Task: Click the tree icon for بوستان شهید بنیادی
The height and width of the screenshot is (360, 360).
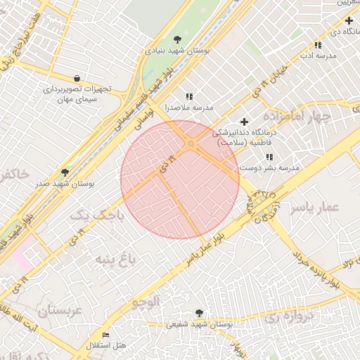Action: click(176, 39)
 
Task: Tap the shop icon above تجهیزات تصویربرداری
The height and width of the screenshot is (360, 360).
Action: click(76, 78)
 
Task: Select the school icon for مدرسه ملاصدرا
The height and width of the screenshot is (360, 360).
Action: click(188, 96)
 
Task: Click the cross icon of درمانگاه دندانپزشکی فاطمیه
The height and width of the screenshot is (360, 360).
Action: click(244, 122)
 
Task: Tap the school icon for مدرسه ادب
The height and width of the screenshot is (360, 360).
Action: click(318, 45)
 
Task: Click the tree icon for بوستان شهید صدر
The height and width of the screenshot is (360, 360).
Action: click(65, 172)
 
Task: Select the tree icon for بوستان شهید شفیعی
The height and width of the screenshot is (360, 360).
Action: click(199, 313)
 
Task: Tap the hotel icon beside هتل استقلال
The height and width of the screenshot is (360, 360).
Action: click(106, 335)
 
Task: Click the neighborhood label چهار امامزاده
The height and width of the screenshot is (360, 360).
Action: click(296, 116)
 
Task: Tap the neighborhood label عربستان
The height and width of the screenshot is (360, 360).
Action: click(60, 310)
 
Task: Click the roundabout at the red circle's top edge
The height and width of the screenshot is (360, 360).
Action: click(191, 143)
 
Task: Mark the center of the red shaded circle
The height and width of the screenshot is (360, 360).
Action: click(180, 179)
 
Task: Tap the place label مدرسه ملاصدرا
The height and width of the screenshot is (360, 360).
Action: click(188, 108)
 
